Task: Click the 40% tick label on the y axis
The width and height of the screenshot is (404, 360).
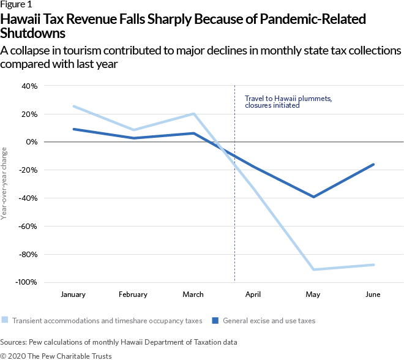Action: pos(29,86)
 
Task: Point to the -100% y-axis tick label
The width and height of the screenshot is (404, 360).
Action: pos(26,282)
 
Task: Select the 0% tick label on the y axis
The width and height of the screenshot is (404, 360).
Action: pos(31,142)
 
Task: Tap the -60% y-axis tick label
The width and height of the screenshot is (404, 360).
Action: pos(28,226)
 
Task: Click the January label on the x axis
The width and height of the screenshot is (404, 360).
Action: pos(73,294)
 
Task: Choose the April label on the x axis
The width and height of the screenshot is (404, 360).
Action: pos(253,294)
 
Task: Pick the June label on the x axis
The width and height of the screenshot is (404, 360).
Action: pos(372,294)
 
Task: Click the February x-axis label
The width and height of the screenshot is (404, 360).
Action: pos(133,294)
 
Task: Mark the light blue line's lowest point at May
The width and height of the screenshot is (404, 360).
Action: pos(313,269)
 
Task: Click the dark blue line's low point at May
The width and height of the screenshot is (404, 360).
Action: pos(313,197)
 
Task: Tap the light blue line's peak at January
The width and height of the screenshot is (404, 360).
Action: pos(73,107)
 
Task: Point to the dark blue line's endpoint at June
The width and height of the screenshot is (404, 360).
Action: pos(373,164)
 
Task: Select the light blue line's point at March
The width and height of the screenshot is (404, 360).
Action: pos(193,113)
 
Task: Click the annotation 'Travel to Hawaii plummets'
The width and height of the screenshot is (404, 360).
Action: pos(288,98)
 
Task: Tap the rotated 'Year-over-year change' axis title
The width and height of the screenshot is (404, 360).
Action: pos(5,184)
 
